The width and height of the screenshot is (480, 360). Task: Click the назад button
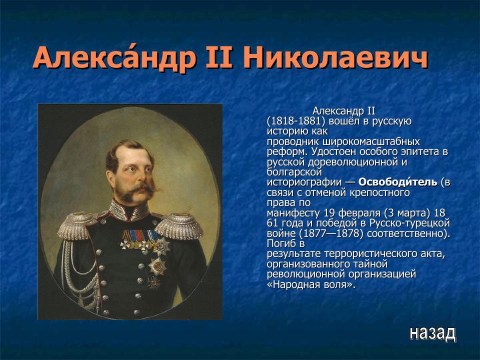[x=432, y=332]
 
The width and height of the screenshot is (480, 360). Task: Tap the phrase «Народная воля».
[x=310, y=284]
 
